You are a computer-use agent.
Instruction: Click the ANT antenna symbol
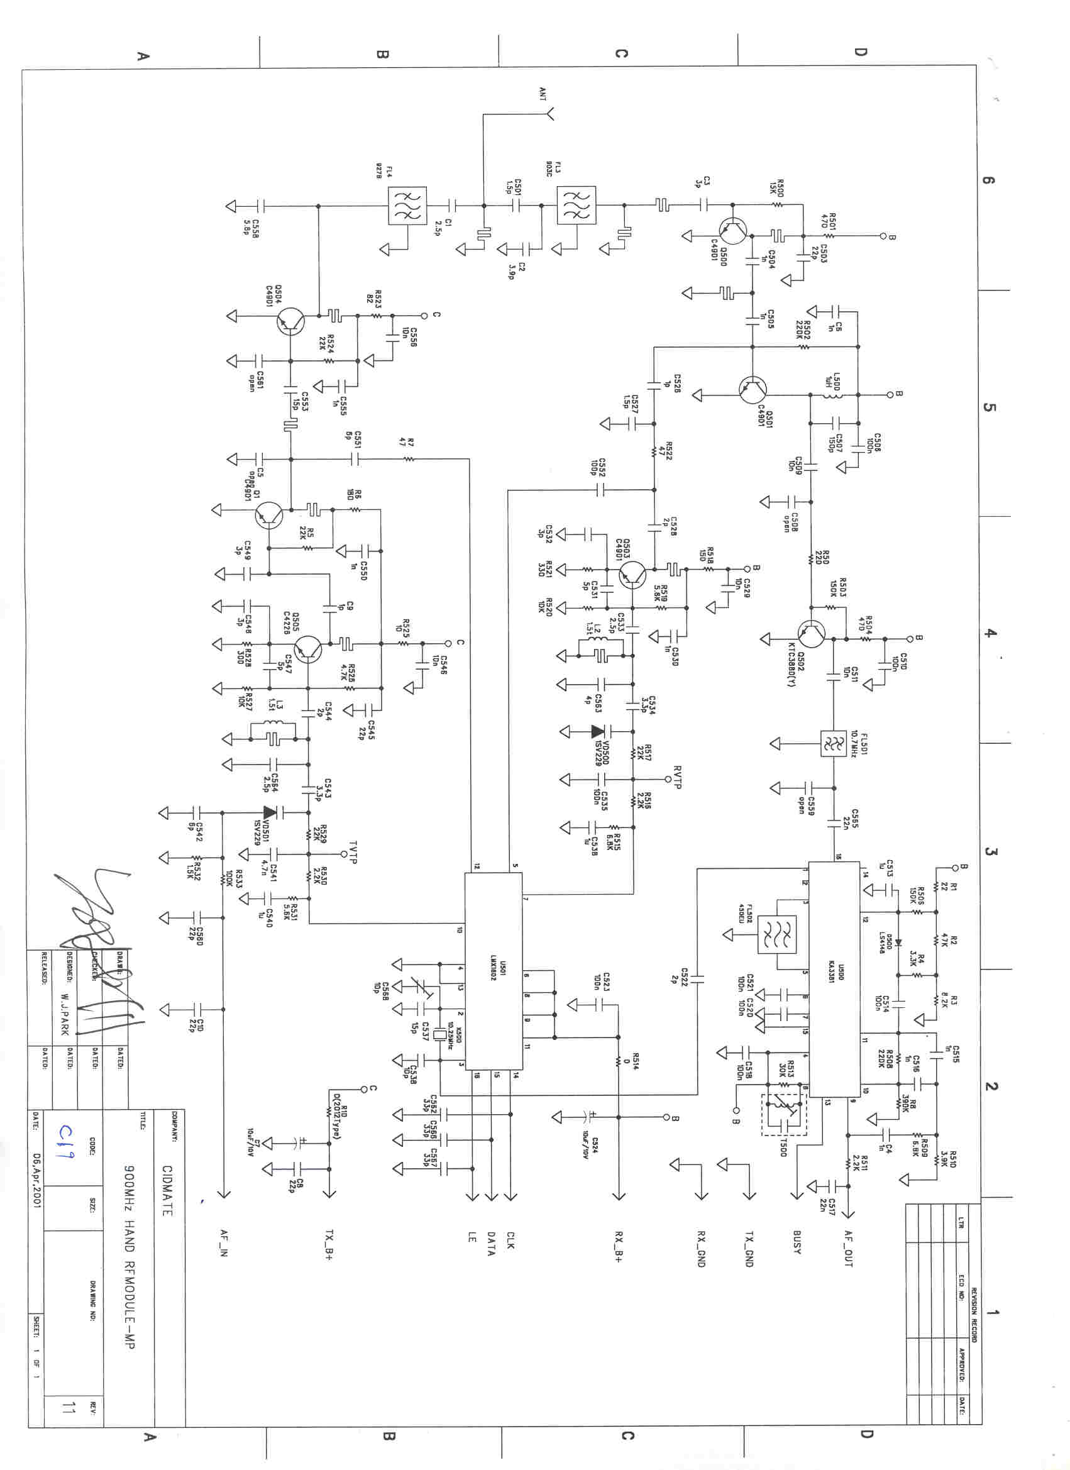(549, 114)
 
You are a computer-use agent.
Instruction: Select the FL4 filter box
(407, 206)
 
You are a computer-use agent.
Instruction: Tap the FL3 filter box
(576, 206)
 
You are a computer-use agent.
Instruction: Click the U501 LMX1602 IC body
(494, 971)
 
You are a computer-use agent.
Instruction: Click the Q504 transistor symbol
(290, 321)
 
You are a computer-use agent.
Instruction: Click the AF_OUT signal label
(848, 1248)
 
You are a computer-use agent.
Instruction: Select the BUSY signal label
(797, 1242)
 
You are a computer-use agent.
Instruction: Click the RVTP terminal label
(677, 777)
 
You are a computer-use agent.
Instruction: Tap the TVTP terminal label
(353, 853)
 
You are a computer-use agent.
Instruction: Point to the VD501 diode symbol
(270, 812)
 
